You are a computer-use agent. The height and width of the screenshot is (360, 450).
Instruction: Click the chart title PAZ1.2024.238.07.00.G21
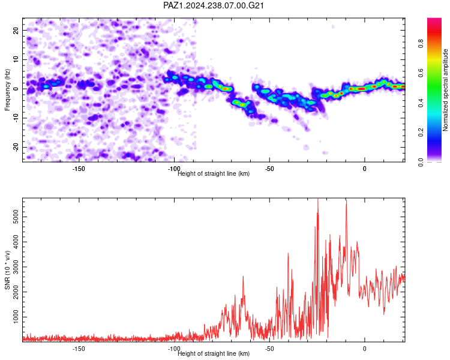pos(213,5)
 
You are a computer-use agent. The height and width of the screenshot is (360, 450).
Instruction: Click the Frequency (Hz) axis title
pos(7,90)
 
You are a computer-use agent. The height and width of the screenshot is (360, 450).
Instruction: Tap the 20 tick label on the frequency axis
pos(16,30)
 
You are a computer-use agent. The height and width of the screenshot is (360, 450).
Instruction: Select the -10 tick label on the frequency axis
pos(16,118)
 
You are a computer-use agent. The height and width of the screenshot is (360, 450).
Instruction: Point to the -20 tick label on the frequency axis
pos(16,147)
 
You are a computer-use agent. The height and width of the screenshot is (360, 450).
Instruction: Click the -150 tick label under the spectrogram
pos(79,169)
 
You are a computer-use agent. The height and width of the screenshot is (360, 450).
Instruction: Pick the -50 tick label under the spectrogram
pos(269,169)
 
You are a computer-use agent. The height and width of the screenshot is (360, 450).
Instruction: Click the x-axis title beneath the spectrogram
pos(214,173)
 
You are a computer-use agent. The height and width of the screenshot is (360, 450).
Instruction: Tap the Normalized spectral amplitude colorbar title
pos(445,90)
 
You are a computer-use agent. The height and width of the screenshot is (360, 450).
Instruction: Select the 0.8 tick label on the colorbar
pos(421,44)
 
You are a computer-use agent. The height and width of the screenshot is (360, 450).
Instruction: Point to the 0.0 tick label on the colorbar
pos(421,162)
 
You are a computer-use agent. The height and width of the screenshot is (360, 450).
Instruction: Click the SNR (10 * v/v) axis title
pos(7,270)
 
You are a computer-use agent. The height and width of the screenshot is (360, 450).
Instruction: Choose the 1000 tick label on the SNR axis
pos(16,317)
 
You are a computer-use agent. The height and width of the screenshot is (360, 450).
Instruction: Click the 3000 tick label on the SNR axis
pos(16,267)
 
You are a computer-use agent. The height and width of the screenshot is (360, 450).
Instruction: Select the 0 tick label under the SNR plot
pos(364,349)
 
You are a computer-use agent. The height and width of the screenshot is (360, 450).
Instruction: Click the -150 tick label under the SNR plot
pos(79,349)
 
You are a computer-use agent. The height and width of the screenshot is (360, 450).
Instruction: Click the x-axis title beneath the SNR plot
pos(214,353)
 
